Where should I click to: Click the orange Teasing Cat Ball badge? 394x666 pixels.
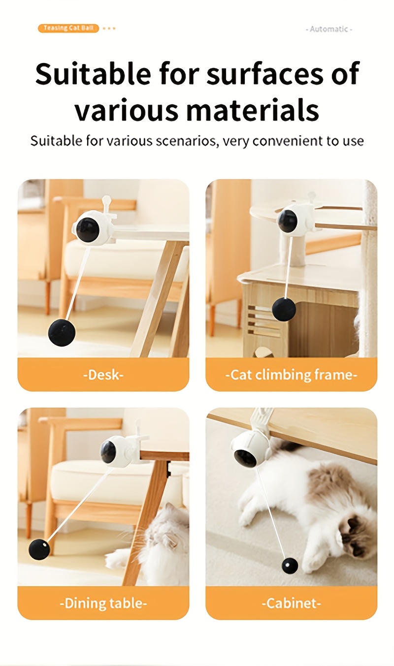point(68,28)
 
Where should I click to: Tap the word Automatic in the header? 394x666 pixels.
point(329,29)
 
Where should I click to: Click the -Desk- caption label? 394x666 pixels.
point(103,375)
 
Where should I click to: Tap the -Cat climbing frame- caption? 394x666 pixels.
point(291,375)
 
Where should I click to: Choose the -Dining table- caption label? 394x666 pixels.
point(103,603)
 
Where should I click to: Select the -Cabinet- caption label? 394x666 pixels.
point(291,603)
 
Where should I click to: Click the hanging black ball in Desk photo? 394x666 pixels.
point(62,333)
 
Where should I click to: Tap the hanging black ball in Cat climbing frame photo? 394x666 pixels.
point(284,309)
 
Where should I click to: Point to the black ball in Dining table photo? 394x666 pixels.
point(39,549)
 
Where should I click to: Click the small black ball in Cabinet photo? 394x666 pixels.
point(290,566)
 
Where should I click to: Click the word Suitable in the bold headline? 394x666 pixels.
point(93,74)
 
